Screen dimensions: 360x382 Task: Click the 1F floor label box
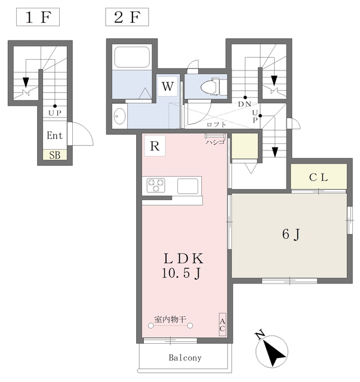(38, 17)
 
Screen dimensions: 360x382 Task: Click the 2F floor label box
(127, 17)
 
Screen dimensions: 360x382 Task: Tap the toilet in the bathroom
(211, 87)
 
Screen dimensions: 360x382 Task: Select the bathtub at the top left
(132, 57)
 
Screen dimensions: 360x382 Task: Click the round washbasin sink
(119, 116)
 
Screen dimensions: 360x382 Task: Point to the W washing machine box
(168, 87)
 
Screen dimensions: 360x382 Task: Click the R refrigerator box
(155, 146)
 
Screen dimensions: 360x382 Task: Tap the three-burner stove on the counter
(156, 185)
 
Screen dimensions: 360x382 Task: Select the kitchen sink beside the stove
(187, 186)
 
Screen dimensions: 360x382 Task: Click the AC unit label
(222, 325)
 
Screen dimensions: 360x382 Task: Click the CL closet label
(319, 177)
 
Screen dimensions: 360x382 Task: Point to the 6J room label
(291, 235)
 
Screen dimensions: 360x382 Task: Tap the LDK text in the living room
(183, 258)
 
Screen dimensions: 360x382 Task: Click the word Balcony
(185, 358)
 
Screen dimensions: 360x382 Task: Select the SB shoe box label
(55, 155)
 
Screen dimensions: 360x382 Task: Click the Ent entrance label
(54, 135)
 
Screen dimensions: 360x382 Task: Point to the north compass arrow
(273, 350)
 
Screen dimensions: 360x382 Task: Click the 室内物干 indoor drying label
(170, 319)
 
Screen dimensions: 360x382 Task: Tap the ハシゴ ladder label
(215, 142)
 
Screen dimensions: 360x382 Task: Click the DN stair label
(244, 104)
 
